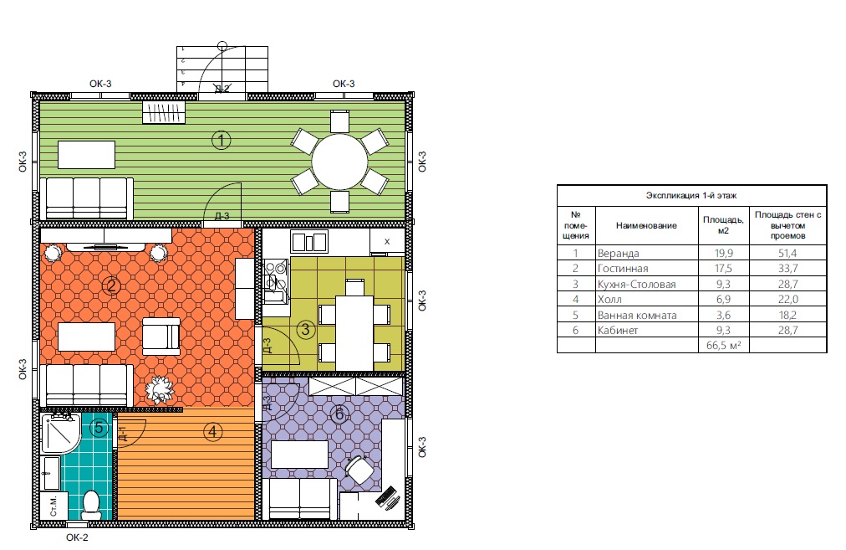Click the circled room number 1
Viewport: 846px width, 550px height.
point(221,141)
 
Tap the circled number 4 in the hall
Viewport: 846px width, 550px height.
point(213,432)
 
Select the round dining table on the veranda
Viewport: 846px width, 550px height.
point(339,162)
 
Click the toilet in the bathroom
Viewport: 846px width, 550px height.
point(91,503)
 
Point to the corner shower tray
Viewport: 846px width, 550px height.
point(60,434)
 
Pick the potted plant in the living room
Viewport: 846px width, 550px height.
point(160,389)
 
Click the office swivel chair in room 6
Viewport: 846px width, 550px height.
point(359,469)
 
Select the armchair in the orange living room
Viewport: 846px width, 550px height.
point(161,336)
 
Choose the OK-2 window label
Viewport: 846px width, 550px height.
point(77,537)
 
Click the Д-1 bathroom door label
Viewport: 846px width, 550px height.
point(123,434)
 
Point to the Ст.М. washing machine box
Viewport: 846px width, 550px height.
point(54,506)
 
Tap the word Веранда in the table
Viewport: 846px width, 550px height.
point(619,253)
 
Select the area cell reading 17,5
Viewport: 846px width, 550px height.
point(723,268)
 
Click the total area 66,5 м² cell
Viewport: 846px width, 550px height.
point(723,345)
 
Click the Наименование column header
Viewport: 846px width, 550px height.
point(646,225)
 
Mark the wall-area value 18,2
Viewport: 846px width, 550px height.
point(787,315)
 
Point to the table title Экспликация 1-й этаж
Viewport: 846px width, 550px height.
point(691,195)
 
